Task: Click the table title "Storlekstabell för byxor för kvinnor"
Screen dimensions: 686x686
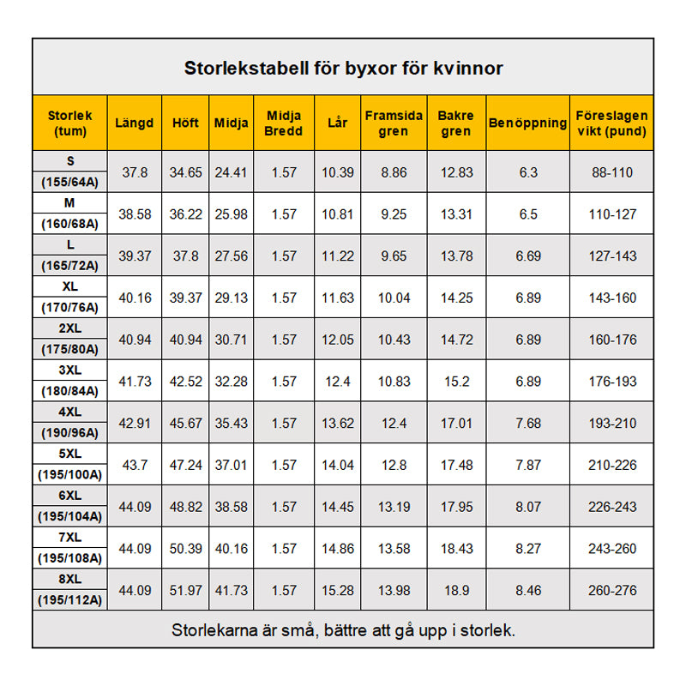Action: (x=343, y=68)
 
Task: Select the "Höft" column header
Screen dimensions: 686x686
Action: (x=185, y=123)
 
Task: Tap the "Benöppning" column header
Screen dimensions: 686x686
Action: (x=527, y=123)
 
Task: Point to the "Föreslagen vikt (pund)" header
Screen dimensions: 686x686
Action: (x=611, y=123)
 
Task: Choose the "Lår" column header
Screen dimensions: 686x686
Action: (x=337, y=123)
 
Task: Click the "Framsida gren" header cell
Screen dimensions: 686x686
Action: (x=394, y=123)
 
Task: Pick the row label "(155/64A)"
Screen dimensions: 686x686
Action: (x=70, y=182)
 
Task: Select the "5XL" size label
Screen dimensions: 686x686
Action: (x=70, y=454)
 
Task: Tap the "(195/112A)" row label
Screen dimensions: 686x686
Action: (x=70, y=600)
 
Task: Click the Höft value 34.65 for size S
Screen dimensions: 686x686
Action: (x=185, y=172)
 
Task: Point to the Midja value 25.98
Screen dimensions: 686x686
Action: (x=230, y=214)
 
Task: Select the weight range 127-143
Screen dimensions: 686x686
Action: (x=611, y=256)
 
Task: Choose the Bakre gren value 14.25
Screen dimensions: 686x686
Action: (x=455, y=298)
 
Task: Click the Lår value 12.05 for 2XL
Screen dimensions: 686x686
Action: (x=337, y=340)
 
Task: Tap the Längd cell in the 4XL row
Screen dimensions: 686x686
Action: (x=135, y=424)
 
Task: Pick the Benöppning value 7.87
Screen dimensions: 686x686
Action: (x=527, y=466)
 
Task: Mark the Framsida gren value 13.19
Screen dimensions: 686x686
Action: (x=394, y=507)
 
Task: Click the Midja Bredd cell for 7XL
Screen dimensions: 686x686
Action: (x=284, y=549)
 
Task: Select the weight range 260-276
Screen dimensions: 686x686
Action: (x=611, y=591)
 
